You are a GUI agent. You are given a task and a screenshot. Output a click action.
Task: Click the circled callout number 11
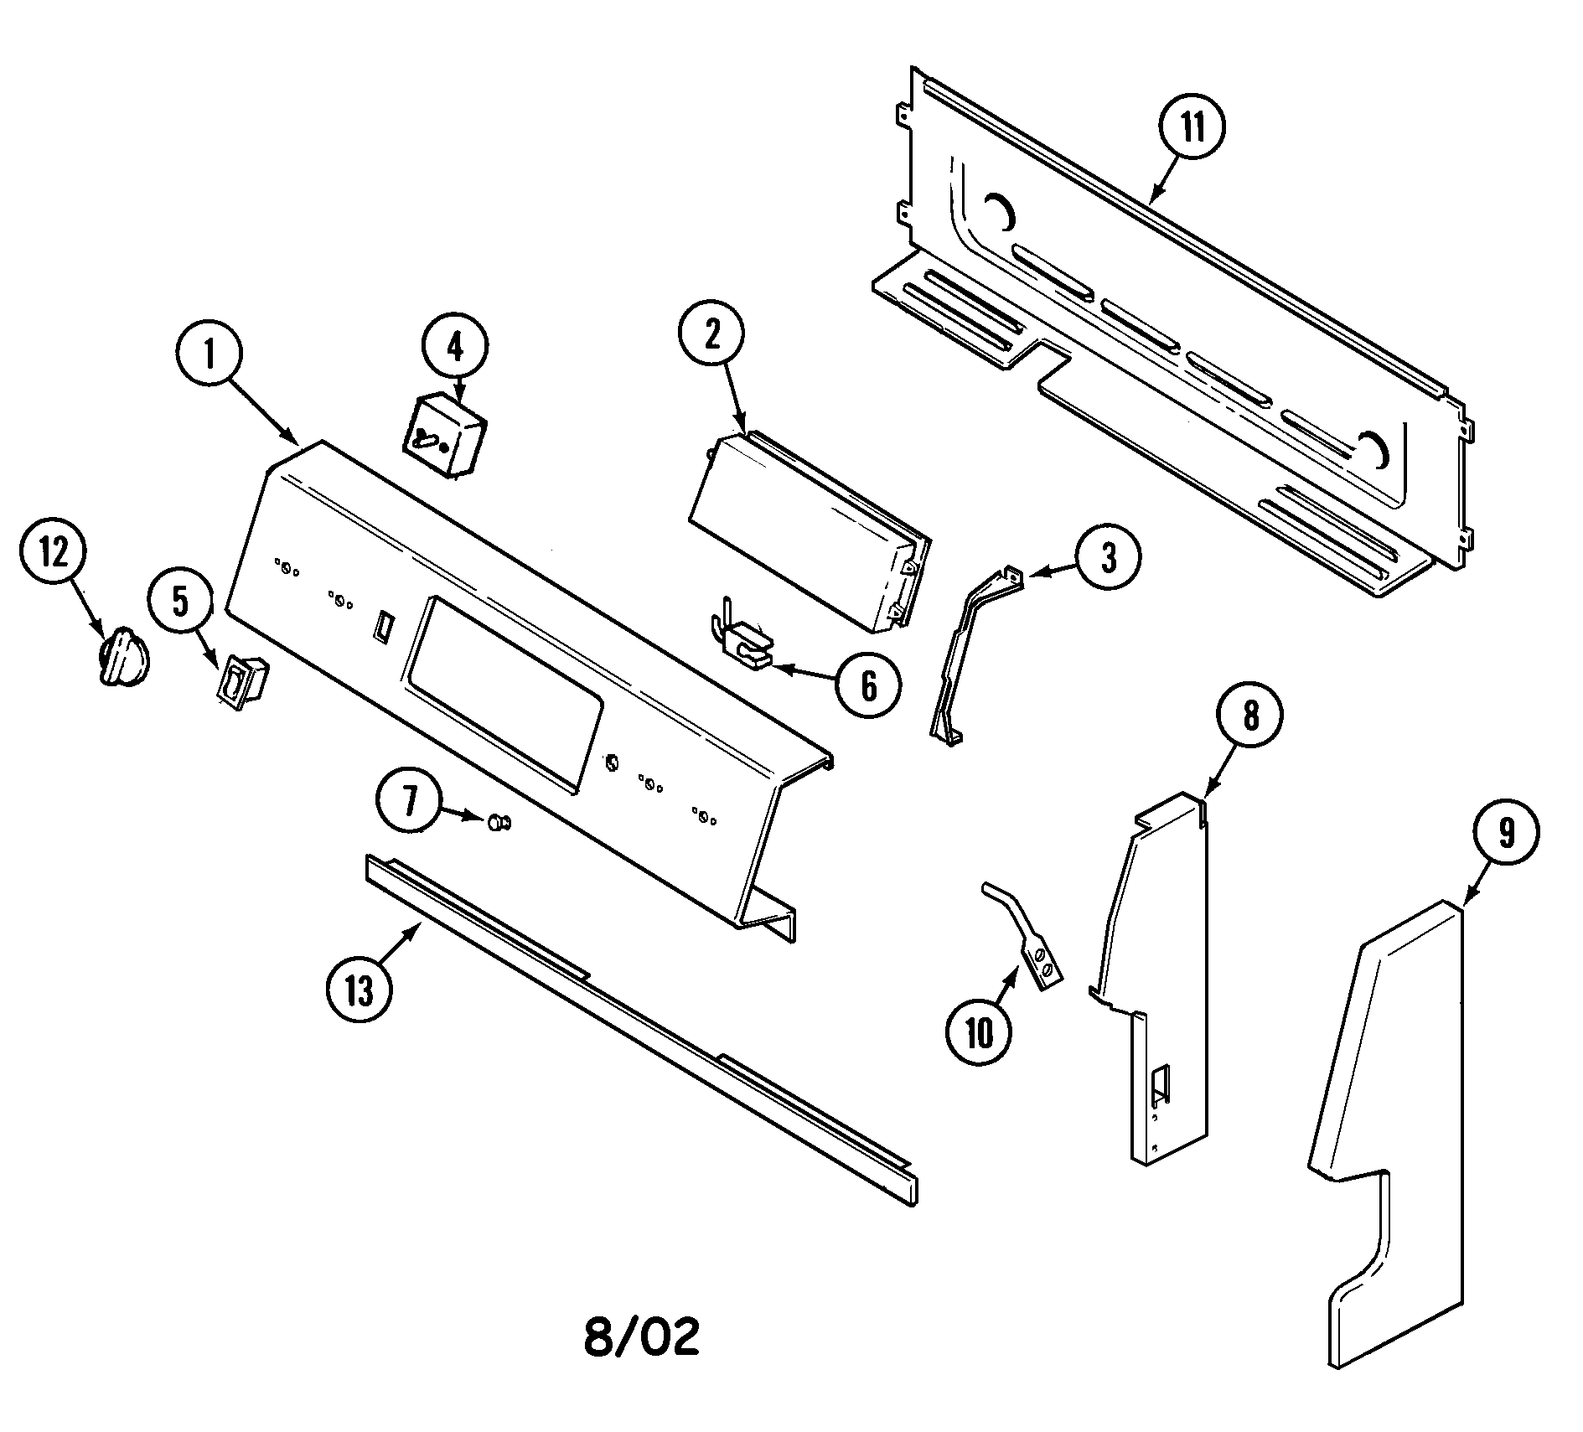[1191, 128]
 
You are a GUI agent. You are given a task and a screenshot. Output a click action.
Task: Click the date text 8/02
[640, 1359]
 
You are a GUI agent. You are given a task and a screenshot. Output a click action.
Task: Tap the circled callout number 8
[1249, 716]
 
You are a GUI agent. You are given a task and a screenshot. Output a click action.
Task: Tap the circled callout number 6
[868, 686]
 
